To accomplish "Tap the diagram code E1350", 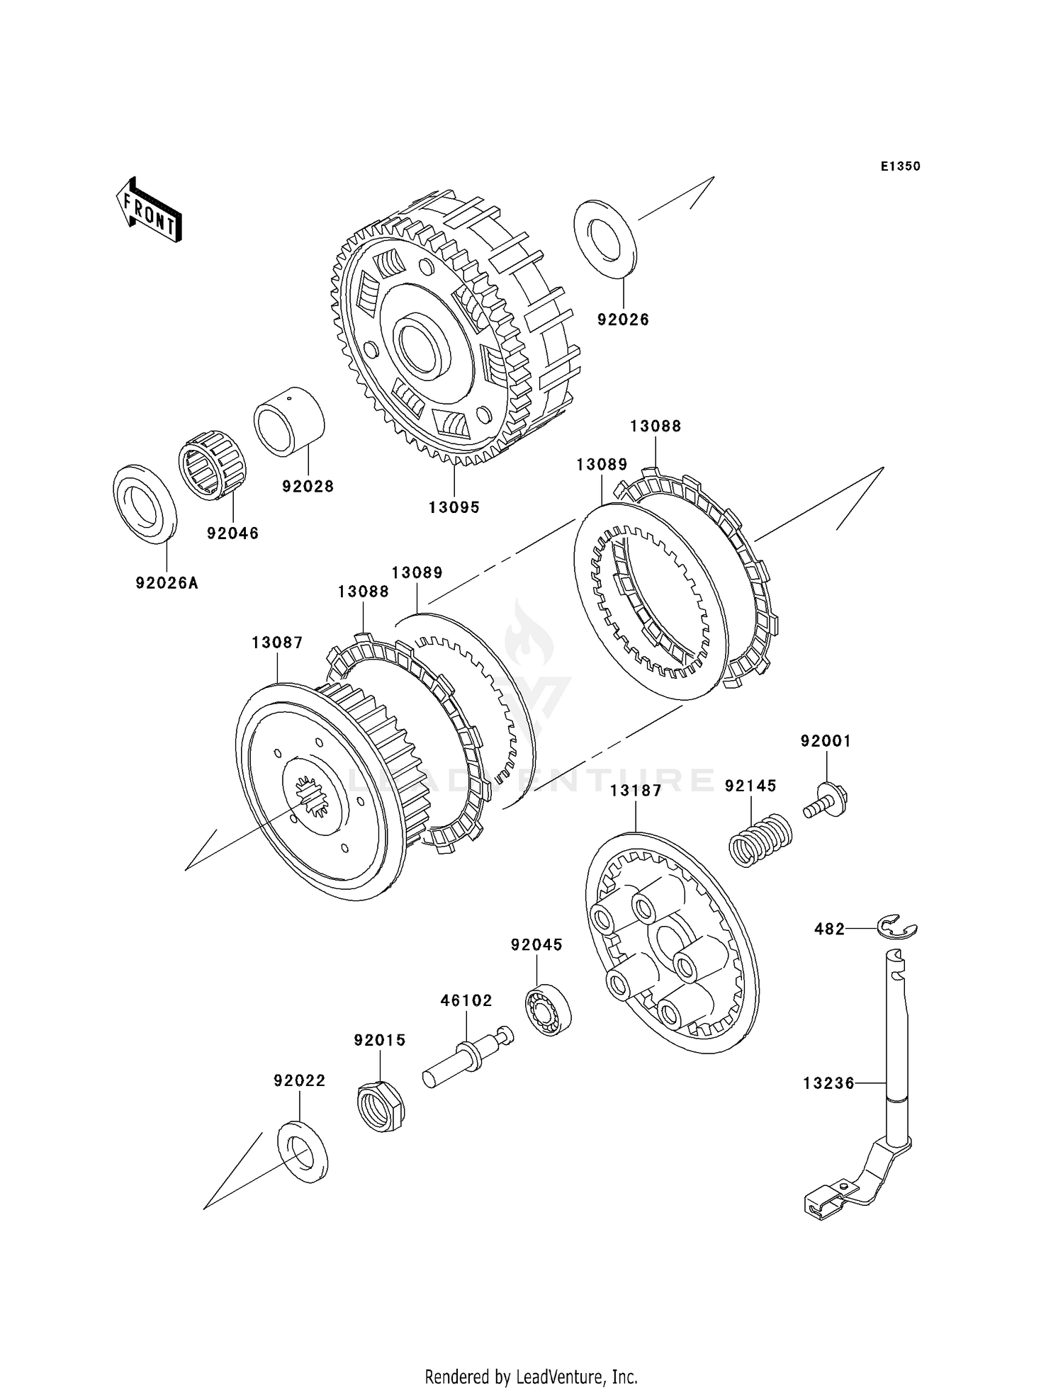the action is [x=900, y=166].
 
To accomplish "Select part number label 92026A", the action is [x=167, y=583].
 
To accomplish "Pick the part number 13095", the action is [x=454, y=507].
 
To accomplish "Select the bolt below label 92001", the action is [x=826, y=801].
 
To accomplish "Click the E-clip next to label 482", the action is [x=897, y=927].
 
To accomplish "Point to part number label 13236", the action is [x=829, y=1083].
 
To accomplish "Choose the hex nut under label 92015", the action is [x=380, y=1106].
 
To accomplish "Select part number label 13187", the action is [x=636, y=791].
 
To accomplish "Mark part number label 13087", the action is [x=277, y=643].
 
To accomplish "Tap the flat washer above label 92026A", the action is [x=146, y=504].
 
